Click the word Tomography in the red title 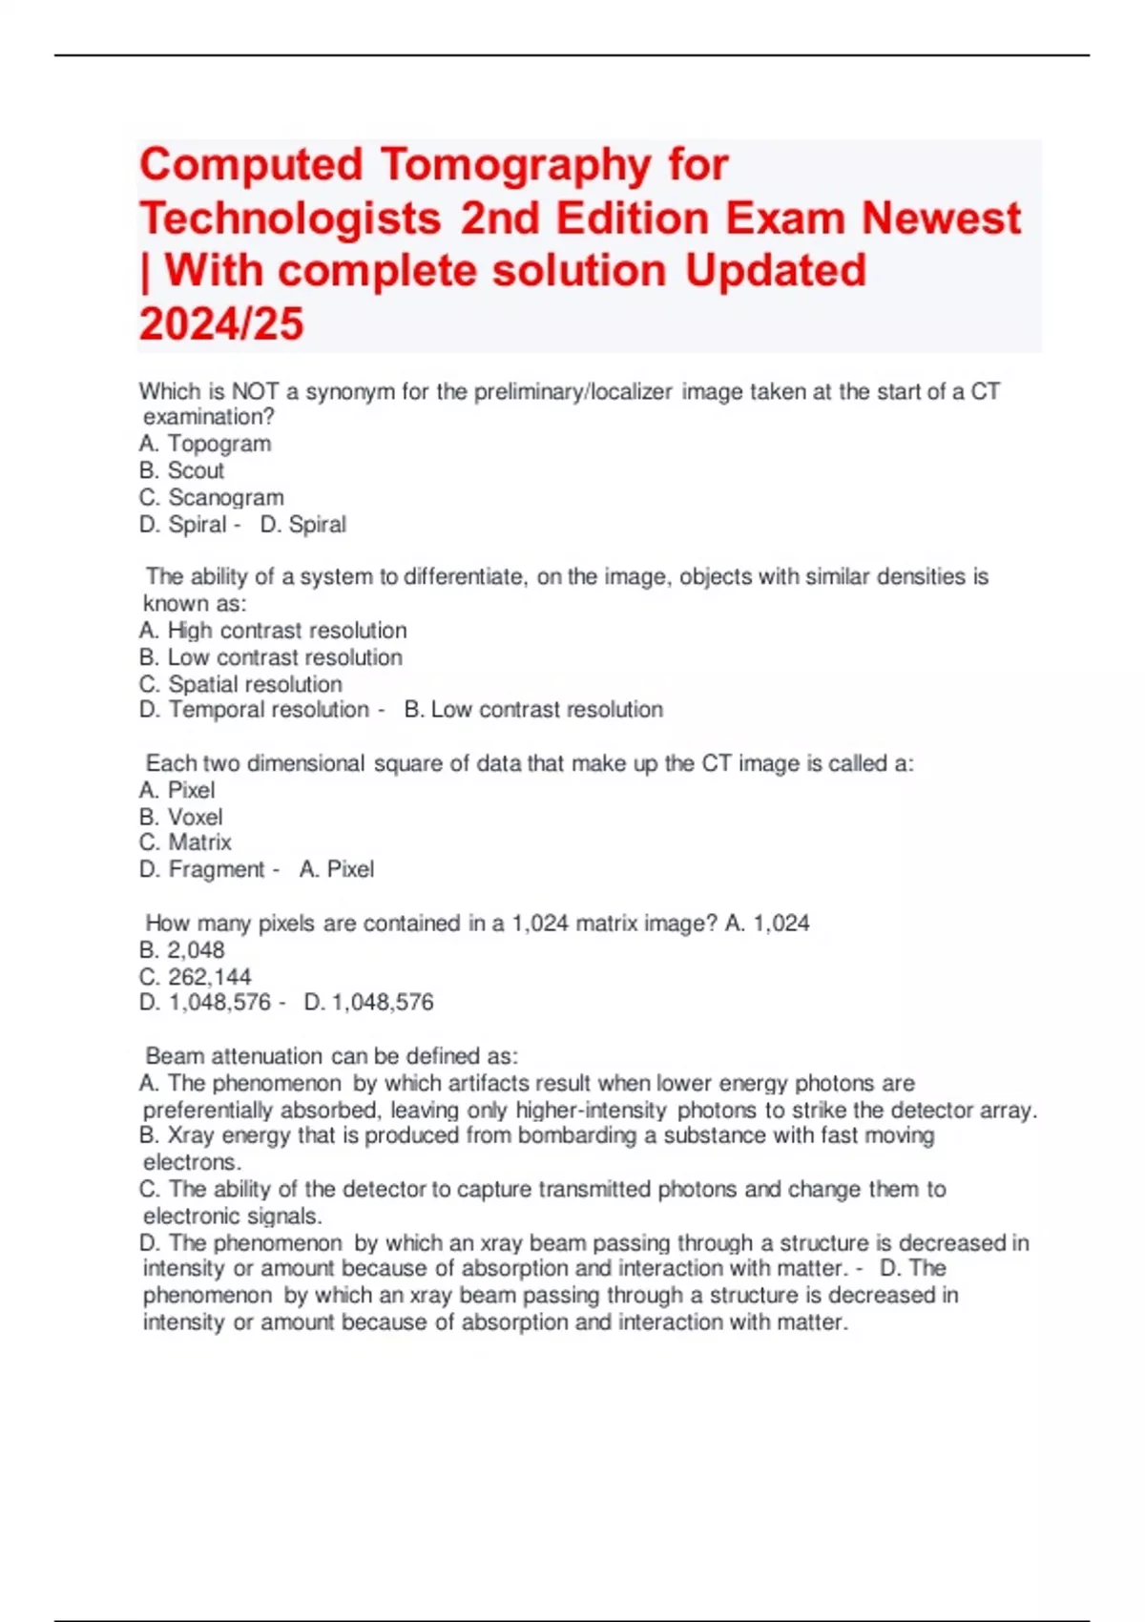tap(515, 165)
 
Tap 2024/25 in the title tap(221, 323)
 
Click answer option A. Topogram tap(205, 444)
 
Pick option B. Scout tap(181, 470)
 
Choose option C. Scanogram tap(211, 497)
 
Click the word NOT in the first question tap(255, 391)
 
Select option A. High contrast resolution tap(273, 631)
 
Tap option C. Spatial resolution tap(240, 684)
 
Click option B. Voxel tap(180, 817)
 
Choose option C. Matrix tap(185, 842)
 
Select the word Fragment tap(216, 869)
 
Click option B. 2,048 tap(181, 950)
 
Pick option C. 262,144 tap(195, 977)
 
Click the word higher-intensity tap(591, 1111)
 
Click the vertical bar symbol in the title tap(145, 271)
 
